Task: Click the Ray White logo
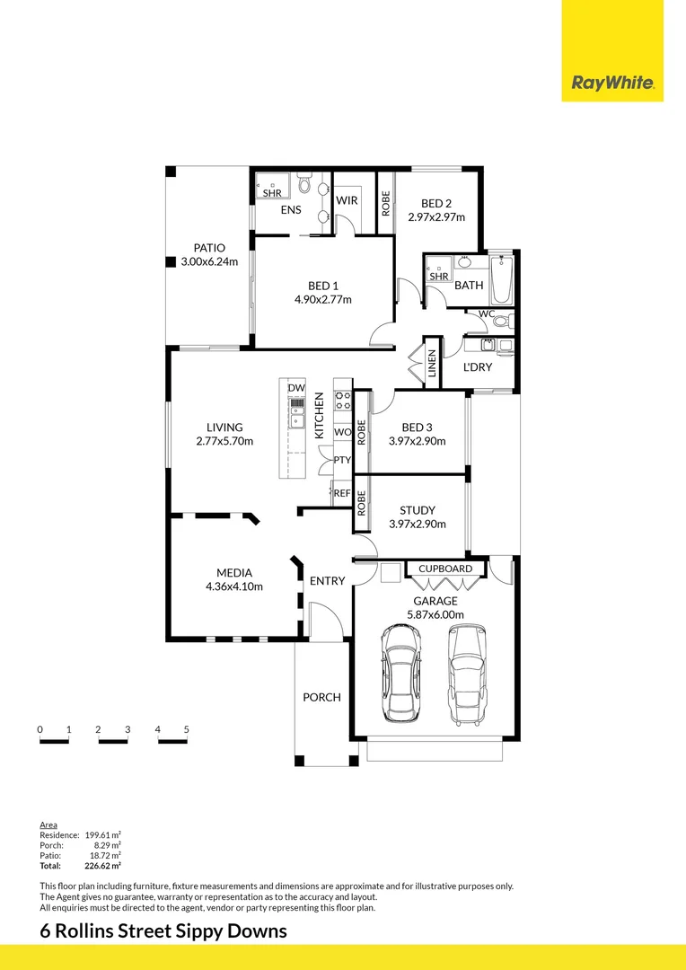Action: (612, 83)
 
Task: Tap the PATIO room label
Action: (209, 248)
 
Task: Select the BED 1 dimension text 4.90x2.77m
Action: (323, 300)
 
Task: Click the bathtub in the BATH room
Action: (501, 280)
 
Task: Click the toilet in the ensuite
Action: (303, 184)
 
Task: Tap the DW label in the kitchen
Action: (296, 388)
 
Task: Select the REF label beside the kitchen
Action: (342, 493)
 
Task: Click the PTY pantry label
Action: (342, 460)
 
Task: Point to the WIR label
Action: (347, 200)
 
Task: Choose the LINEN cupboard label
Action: (432, 363)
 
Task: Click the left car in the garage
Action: (401, 673)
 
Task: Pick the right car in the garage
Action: (467, 675)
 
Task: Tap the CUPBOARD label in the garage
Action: (445, 569)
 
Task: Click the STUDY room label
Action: (418, 510)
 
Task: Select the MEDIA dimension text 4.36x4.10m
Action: (234, 586)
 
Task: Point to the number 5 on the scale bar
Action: (186, 729)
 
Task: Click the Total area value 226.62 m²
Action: (102, 866)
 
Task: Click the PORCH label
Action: (321, 697)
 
